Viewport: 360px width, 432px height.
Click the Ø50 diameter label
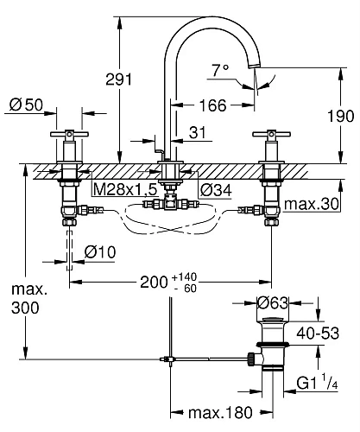point(26,105)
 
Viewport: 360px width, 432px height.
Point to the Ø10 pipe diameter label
point(102,251)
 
